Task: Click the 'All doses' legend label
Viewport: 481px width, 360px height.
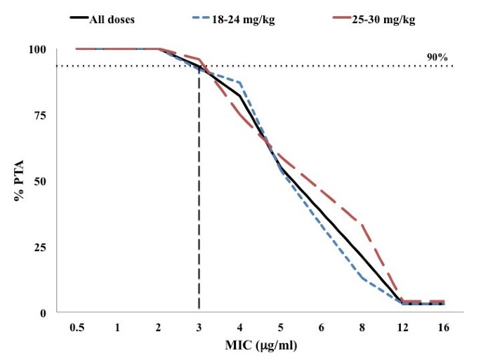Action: click(111, 19)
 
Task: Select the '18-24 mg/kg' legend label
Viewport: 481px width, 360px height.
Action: click(244, 19)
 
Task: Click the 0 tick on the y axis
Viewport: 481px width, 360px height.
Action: click(42, 312)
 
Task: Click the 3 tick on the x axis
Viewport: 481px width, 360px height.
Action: click(199, 328)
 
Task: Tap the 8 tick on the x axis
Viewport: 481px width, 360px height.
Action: click(362, 328)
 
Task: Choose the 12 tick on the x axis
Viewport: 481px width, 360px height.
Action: click(403, 328)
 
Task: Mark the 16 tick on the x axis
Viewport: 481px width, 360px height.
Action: click(444, 328)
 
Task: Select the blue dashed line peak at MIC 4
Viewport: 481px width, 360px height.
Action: click(240, 83)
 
